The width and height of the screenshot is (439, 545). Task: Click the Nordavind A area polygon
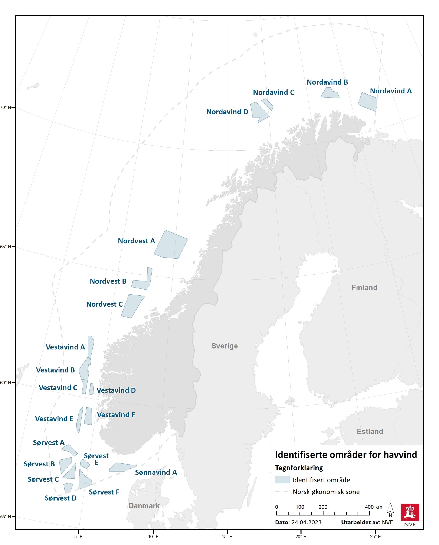tap(367, 102)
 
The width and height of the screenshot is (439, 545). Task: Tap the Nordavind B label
tap(327, 82)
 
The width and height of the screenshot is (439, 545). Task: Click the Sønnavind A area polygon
tap(122, 467)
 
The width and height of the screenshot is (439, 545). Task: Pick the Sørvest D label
tap(61, 498)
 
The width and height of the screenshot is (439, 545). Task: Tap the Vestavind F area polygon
tap(88, 416)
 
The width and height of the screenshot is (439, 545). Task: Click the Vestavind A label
tap(65, 347)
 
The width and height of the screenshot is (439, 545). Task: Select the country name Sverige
tap(225, 346)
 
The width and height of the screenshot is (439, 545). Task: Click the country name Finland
tap(364, 287)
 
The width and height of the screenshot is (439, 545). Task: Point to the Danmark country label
tap(144, 506)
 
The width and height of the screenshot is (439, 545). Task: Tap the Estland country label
tap(370, 431)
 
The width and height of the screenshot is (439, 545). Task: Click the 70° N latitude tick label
tap(6, 108)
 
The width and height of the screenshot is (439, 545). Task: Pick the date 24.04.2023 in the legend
tap(306, 522)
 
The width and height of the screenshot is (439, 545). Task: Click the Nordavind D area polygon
tap(258, 112)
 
